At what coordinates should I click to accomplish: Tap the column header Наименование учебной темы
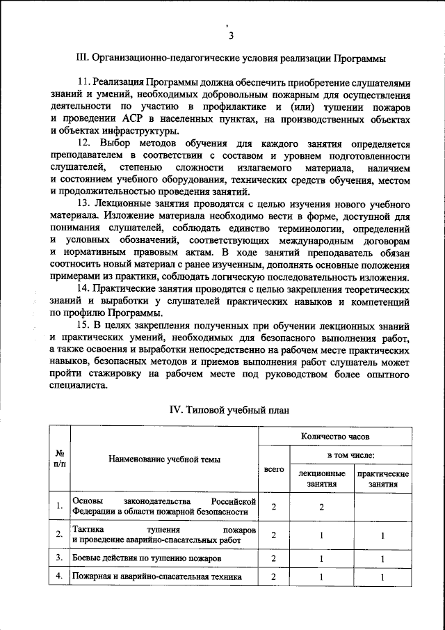164,459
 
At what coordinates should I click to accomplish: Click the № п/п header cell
59,459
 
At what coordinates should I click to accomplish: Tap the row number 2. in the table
60,535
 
